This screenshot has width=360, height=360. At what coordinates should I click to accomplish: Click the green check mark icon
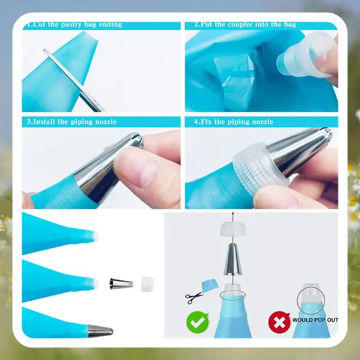click(197, 322)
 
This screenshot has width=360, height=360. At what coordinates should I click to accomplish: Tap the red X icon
click(279, 322)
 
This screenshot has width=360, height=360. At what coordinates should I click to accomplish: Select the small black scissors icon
click(194, 298)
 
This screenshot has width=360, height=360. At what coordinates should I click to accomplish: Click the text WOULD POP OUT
click(315, 320)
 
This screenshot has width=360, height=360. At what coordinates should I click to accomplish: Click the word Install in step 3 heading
click(44, 121)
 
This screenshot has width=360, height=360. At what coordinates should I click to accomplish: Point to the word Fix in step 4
click(206, 121)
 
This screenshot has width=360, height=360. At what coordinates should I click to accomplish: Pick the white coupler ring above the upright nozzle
click(233, 229)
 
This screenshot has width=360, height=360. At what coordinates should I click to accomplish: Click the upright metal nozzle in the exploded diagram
click(233, 259)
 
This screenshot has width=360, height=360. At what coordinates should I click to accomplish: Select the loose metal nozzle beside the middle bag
click(121, 284)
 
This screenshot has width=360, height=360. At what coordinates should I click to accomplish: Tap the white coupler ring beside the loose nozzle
click(147, 284)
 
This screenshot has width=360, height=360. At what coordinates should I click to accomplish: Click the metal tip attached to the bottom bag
click(100, 331)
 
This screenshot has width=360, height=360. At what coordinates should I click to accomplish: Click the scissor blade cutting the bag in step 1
click(73, 80)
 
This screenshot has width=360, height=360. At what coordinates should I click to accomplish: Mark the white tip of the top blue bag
click(95, 236)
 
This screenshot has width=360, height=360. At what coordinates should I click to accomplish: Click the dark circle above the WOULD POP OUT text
click(311, 301)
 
